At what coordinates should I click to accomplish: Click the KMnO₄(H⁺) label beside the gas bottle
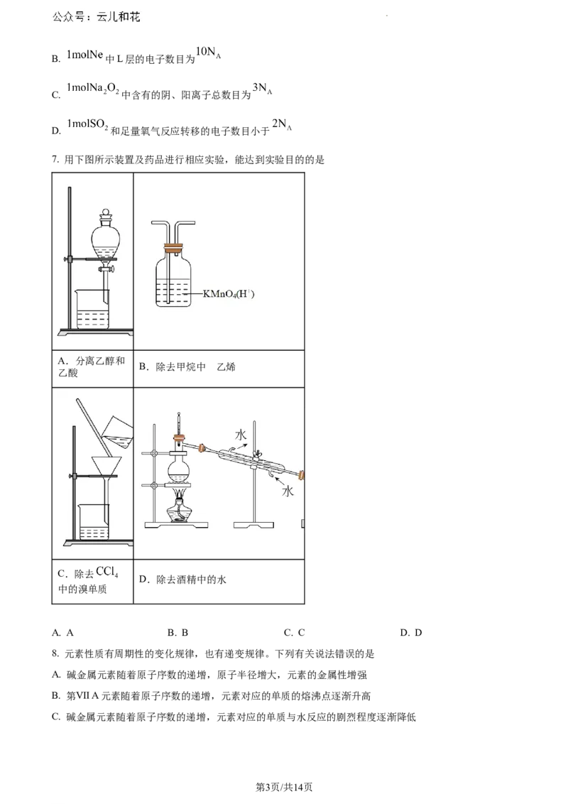coord(229,294)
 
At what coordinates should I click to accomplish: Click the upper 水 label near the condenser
coord(241,435)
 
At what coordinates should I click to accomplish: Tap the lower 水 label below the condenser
coord(288,491)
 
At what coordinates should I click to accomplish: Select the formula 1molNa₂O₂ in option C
coord(93,89)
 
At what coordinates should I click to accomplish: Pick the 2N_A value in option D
coord(281,124)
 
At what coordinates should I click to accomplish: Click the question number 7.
coord(55,160)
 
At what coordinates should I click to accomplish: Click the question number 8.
coord(55,653)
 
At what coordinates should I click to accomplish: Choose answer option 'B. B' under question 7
coord(178,633)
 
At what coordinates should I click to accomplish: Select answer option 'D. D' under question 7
coord(411,633)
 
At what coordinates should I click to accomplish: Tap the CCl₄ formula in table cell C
coord(107,572)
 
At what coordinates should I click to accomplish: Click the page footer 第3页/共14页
coord(284,787)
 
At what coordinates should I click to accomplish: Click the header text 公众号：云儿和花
coord(96,17)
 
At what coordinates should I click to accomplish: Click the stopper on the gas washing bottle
coord(173,250)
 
